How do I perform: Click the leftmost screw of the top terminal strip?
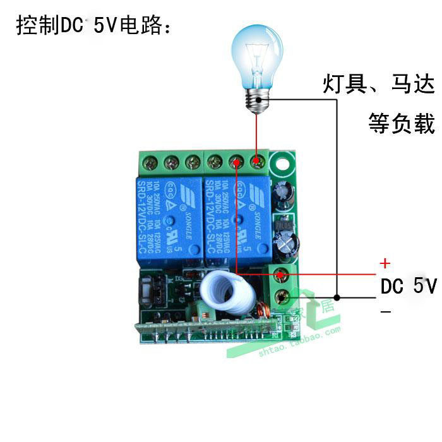(x=152, y=164)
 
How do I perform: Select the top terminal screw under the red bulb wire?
(x=257, y=164)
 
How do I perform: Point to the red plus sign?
(x=385, y=263)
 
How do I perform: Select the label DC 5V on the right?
(x=407, y=286)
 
